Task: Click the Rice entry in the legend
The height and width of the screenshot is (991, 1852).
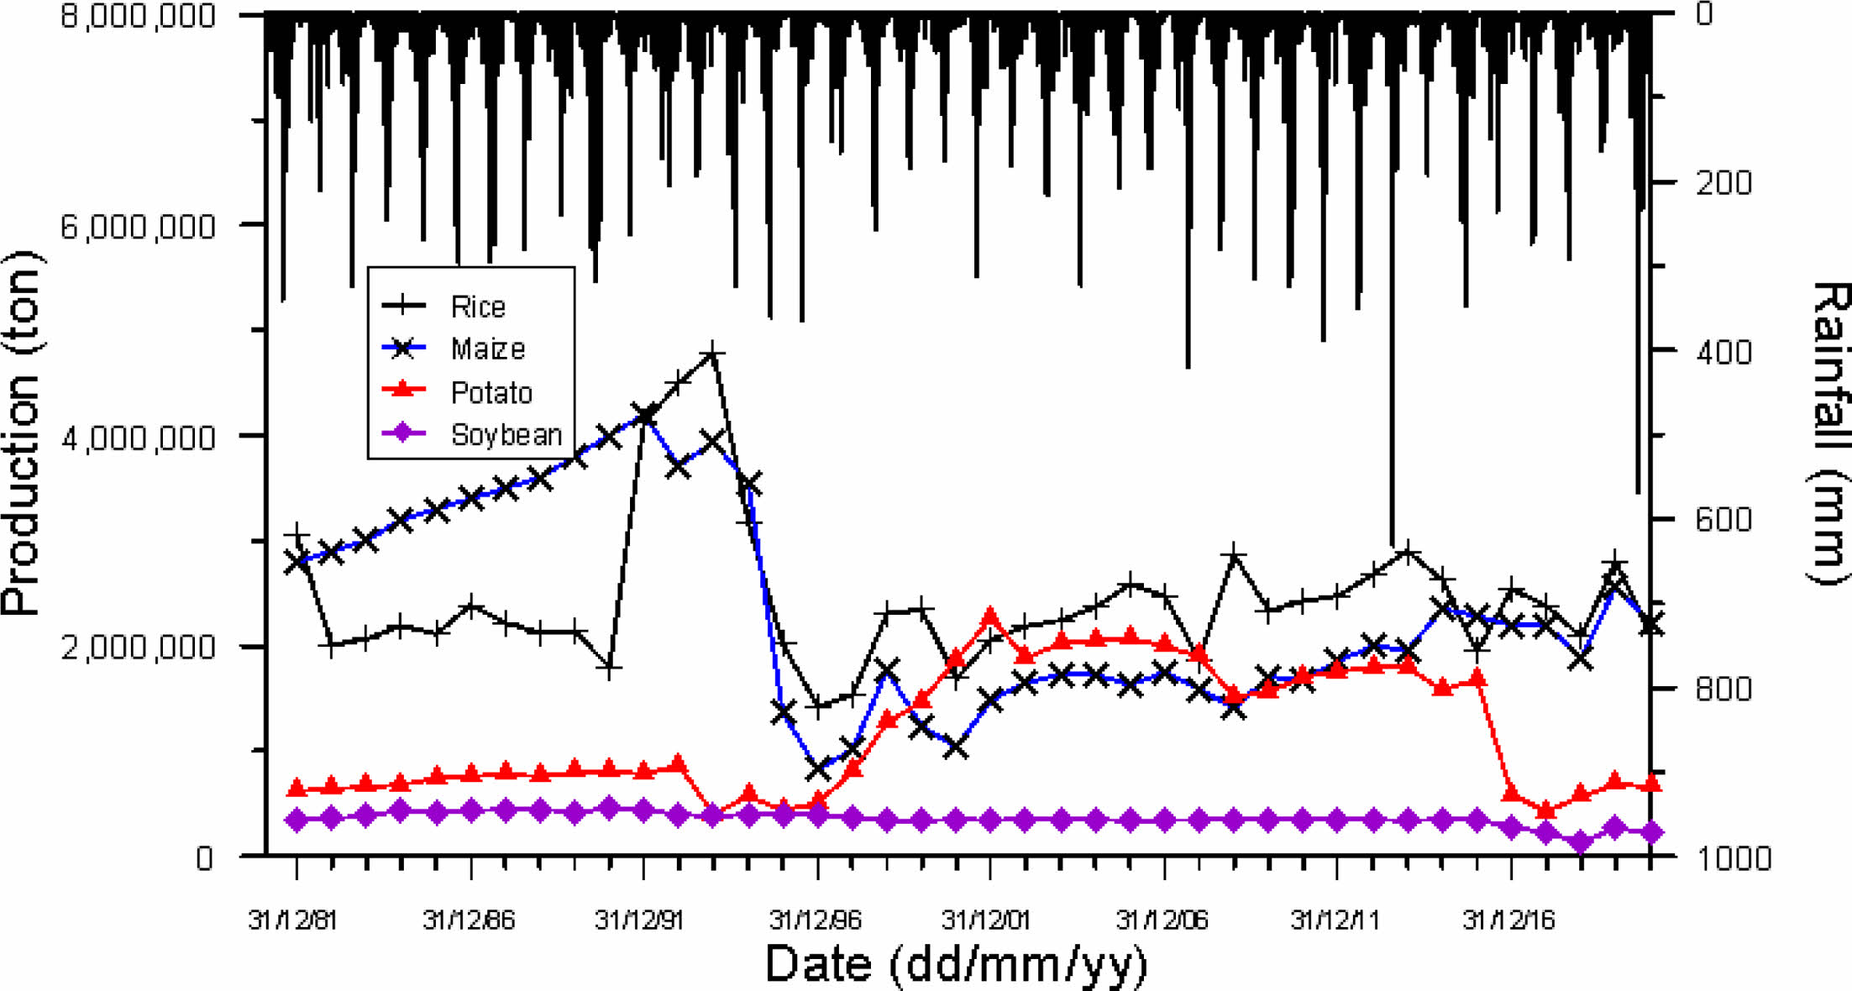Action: [x=477, y=307]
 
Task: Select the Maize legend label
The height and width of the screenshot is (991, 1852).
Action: [x=487, y=349]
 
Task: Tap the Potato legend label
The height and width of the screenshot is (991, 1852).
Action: [x=491, y=392]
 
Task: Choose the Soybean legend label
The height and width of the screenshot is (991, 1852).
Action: [x=506, y=435]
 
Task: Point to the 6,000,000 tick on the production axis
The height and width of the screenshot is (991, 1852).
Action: [x=138, y=226]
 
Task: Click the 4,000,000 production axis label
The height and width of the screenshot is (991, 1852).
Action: [x=138, y=438]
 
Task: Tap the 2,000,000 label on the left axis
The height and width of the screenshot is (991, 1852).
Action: [x=138, y=648]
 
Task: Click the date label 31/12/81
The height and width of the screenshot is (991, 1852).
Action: [x=292, y=920]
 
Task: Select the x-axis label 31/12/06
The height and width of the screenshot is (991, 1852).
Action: [x=1162, y=920]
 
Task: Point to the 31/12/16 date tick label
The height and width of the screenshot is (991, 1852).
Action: [x=1508, y=920]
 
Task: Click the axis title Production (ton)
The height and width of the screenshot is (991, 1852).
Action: [x=22, y=433]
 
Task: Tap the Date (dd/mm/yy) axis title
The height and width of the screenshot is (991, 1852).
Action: [x=956, y=964]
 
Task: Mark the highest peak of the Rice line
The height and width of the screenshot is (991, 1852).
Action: [x=712, y=354]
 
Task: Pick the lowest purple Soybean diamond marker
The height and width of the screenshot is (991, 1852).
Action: [x=1581, y=842]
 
